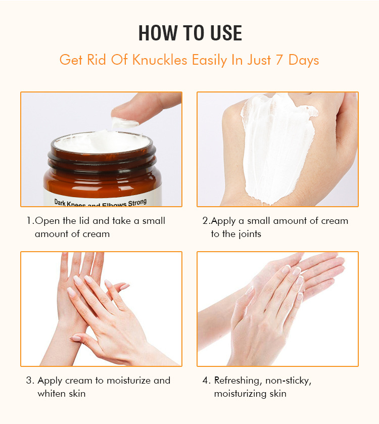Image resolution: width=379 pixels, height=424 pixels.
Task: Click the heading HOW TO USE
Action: point(190,33)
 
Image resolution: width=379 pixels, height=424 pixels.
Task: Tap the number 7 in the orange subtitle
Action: point(279,60)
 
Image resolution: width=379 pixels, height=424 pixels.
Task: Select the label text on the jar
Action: point(101,202)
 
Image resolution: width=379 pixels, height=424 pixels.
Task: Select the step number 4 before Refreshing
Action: point(205,381)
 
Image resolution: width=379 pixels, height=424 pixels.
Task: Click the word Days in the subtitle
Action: point(304,60)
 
